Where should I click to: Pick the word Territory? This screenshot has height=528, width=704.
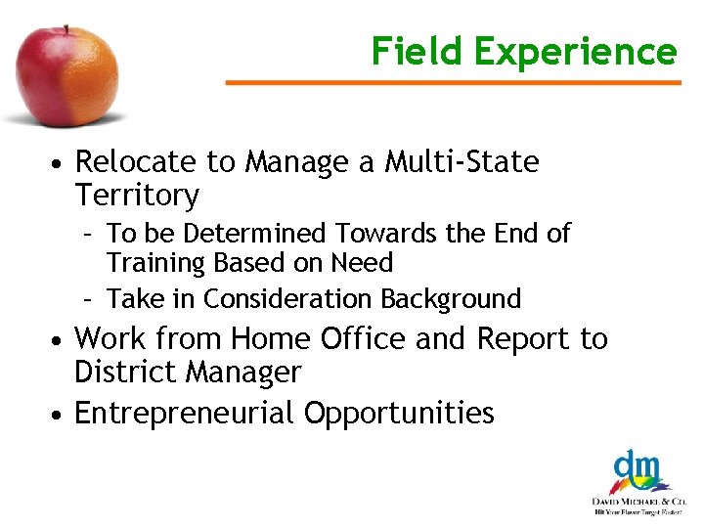(137, 196)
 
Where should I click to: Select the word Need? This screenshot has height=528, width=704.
(362, 263)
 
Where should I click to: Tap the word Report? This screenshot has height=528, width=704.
(523, 339)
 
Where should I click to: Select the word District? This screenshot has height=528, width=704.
(127, 373)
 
